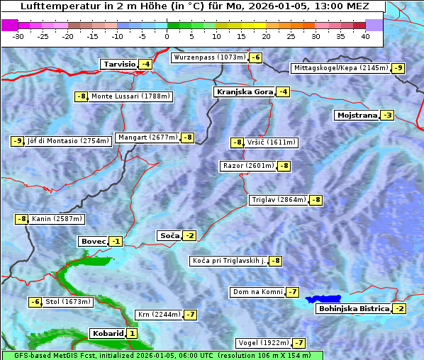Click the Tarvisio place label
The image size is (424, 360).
pyautogui.click(x=119, y=64)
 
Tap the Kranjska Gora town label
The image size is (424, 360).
pyautogui.click(x=243, y=91)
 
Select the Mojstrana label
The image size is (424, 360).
pyautogui.click(x=357, y=115)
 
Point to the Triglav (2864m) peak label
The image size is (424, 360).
pyautogui.click(x=279, y=200)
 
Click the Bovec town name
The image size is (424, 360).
pyautogui.click(x=93, y=241)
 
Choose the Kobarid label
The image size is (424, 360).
pyautogui.click(x=107, y=333)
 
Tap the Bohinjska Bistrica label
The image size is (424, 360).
pyautogui.click(x=354, y=308)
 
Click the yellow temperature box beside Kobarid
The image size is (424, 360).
pyautogui.click(x=132, y=333)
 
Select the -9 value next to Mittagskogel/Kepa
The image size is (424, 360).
pyautogui.click(x=398, y=68)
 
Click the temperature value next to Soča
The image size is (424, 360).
pyautogui.click(x=189, y=235)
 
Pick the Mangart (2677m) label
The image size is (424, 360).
pyautogui.click(x=147, y=137)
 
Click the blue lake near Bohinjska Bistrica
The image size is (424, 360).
pyautogui.click(x=323, y=299)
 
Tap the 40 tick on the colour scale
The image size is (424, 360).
pyautogui.click(x=365, y=35)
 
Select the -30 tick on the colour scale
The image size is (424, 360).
pyautogui.click(x=18, y=35)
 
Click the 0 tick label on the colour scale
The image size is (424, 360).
pyautogui.click(x=167, y=35)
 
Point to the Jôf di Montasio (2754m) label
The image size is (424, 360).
pyautogui.click(x=68, y=140)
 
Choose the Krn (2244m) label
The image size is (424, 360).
pyautogui.click(x=158, y=314)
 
